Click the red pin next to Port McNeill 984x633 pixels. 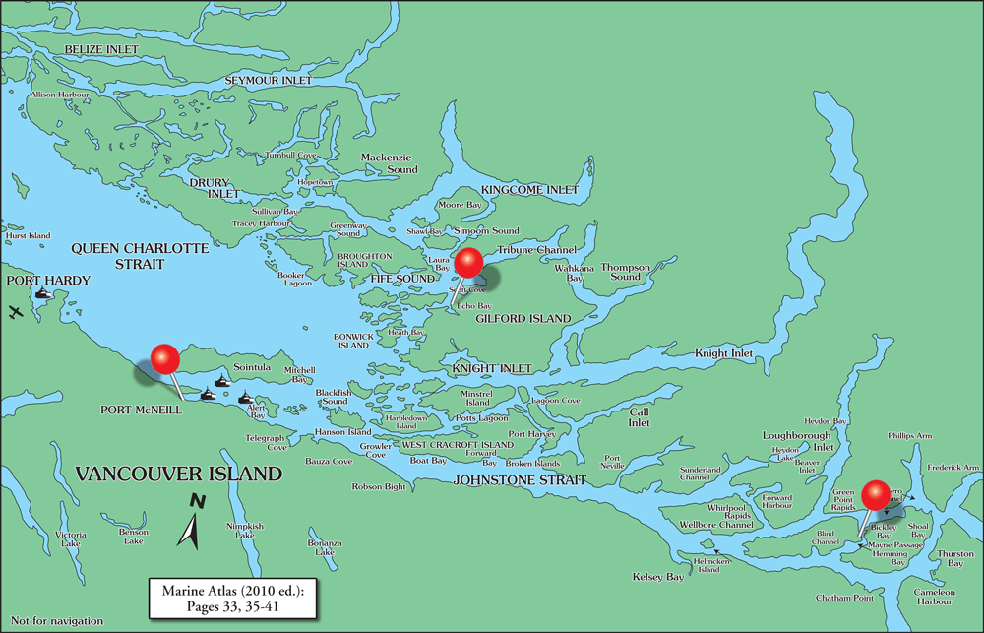tap(164, 358)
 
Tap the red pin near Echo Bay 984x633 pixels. tap(467, 263)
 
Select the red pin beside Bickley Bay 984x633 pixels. tap(874, 495)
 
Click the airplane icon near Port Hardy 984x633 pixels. tap(15, 312)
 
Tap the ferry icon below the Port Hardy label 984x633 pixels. tap(42, 293)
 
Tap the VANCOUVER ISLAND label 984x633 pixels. tap(179, 475)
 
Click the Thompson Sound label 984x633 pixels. tap(626, 272)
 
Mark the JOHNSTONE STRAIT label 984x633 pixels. tap(520, 480)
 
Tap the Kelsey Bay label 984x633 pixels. tap(658, 577)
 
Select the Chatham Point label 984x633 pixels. tap(844, 598)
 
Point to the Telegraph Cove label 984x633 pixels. tap(267, 442)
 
